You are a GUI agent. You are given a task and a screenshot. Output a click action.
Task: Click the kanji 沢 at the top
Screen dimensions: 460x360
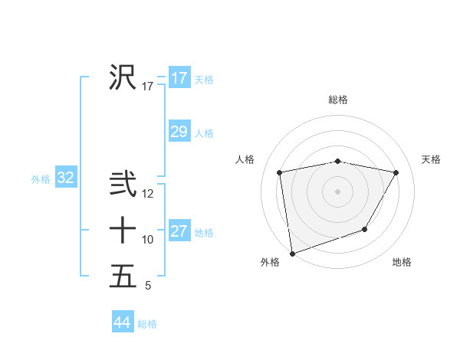[x=123, y=77]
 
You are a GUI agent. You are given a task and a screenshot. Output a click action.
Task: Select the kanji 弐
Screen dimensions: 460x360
[x=123, y=185]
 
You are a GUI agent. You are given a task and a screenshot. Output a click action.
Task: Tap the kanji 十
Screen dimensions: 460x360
[x=123, y=230]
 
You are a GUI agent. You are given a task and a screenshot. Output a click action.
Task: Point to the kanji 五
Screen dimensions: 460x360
[x=123, y=276]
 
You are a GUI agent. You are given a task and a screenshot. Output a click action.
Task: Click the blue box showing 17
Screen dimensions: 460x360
[x=179, y=78]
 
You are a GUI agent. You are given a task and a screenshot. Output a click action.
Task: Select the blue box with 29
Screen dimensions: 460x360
[x=179, y=132]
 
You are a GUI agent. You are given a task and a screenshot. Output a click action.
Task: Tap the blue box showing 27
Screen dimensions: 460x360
[x=179, y=231]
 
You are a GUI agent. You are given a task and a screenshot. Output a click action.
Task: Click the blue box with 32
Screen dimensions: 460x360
[x=66, y=178]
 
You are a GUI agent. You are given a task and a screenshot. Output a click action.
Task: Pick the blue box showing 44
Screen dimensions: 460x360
[x=122, y=322]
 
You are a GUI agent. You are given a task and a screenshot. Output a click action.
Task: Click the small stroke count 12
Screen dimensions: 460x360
[x=148, y=195]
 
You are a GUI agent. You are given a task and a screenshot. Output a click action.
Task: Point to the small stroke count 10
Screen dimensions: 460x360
[x=148, y=240]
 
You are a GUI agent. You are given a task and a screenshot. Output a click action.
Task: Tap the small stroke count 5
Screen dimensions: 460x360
[x=148, y=286]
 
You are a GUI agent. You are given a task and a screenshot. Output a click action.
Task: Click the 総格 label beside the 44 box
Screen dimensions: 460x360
[x=147, y=324]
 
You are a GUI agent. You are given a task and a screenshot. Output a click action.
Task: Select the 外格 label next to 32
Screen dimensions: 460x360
[x=41, y=179]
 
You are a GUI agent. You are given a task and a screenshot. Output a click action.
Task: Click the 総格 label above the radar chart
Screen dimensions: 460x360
[x=338, y=100]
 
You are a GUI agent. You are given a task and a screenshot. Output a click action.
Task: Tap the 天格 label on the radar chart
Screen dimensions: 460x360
[x=431, y=159]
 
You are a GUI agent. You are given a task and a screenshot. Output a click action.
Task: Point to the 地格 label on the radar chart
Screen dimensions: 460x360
[x=402, y=262]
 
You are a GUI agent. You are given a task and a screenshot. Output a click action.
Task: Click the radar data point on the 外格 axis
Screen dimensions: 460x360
[x=292, y=253]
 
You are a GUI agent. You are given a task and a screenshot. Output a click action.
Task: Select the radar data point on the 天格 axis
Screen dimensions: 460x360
[x=396, y=172]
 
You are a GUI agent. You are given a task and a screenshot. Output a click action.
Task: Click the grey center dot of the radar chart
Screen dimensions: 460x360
[x=338, y=191]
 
